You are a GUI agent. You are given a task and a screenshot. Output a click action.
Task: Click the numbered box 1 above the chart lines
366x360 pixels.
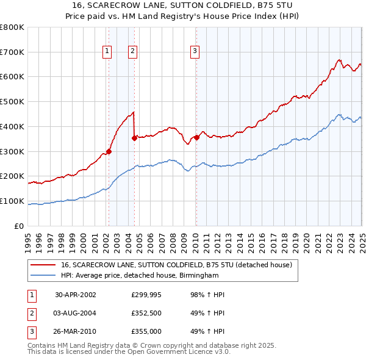pyautogui.click(x=107, y=52)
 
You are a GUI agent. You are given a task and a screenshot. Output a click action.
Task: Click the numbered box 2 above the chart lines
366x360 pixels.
pyautogui.click(x=132, y=52)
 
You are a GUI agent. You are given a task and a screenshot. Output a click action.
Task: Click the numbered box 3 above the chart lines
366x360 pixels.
pyautogui.click(x=195, y=52)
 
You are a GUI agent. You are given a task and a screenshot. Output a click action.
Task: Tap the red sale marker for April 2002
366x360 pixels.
pyautogui.click(x=109, y=151)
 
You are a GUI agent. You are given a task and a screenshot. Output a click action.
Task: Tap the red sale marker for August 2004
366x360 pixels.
pyautogui.click(x=134, y=138)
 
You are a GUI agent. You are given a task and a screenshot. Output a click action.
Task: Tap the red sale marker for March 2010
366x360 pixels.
pyautogui.click(x=196, y=137)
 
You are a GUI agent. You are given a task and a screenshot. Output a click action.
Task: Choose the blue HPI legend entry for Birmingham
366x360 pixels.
pyautogui.click(x=139, y=275)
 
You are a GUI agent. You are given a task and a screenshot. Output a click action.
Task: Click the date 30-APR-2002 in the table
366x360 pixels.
pyautogui.click(x=76, y=294)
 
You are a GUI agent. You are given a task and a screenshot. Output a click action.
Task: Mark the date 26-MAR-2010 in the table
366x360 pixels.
pyautogui.click(x=76, y=333)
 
